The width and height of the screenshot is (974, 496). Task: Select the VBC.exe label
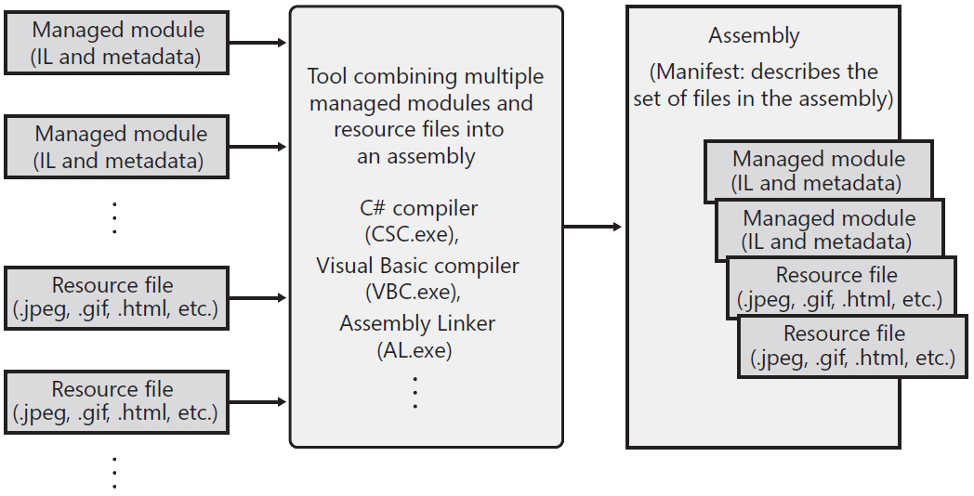pyautogui.click(x=413, y=291)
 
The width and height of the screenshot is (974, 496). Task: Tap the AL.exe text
pyautogui.click(x=415, y=350)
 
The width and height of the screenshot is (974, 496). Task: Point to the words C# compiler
pyautogui.click(x=418, y=208)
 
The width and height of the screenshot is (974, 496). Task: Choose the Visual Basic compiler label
pyautogui.click(x=417, y=267)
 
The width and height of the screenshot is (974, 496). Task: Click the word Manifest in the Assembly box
pyautogui.click(x=694, y=72)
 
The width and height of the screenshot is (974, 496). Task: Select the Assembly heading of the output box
pyautogui.click(x=754, y=36)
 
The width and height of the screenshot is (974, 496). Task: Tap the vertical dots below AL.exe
pyautogui.click(x=415, y=392)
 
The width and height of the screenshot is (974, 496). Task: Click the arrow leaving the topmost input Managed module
pyautogui.click(x=257, y=43)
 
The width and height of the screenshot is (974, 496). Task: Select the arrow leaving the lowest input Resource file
pyautogui.click(x=257, y=402)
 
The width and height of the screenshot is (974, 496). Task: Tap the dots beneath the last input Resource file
pyautogui.click(x=114, y=473)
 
